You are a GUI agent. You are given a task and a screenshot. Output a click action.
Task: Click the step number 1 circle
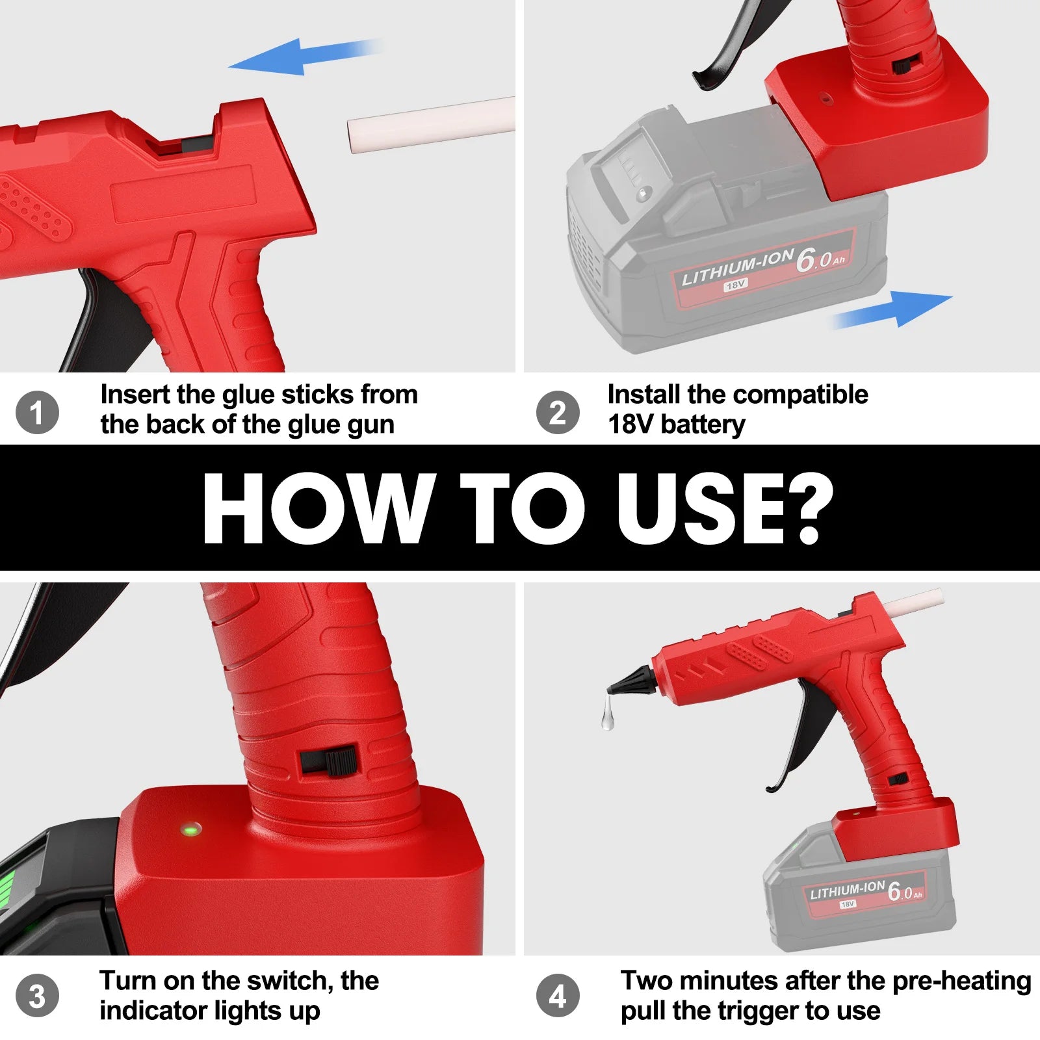coord(37,412)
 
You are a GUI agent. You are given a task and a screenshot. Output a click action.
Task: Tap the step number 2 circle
coord(558,412)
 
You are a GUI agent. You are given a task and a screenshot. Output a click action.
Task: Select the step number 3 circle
coord(37,996)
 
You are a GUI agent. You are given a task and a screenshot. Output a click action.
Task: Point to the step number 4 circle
coord(558,996)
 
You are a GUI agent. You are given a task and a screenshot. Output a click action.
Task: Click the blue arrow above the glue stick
coord(292,57)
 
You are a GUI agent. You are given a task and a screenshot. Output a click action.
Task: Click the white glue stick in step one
coord(430,125)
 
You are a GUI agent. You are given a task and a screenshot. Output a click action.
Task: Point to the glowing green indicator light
coord(191,829)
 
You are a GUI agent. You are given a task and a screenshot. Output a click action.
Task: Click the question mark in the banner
coord(812,507)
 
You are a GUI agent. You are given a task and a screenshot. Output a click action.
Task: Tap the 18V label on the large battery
coord(735,285)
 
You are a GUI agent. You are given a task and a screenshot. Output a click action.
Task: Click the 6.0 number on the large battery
coord(814,260)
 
